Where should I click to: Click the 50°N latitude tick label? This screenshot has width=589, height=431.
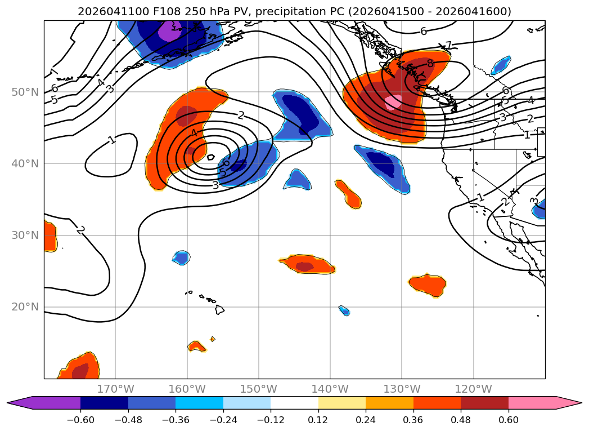[x=25, y=92]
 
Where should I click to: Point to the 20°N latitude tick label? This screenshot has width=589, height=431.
[x=25, y=307]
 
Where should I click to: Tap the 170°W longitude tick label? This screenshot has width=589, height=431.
[x=115, y=389]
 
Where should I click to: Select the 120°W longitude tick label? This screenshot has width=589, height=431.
[x=473, y=389]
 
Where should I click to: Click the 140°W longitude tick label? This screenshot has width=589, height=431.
[x=330, y=389]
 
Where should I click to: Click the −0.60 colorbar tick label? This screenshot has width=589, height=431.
[x=80, y=420]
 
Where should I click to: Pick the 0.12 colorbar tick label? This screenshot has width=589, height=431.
[x=318, y=420]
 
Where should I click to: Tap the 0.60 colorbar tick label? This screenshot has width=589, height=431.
[x=508, y=420]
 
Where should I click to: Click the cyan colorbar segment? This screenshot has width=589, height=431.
[x=199, y=403]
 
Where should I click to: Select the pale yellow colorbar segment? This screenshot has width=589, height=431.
[x=342, y=403]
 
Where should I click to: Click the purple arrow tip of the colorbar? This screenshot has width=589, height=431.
[x=7, y=403]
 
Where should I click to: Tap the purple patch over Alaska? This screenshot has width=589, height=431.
[x=170, y=30]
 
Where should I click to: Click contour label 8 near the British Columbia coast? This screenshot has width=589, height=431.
[x=430, y=64]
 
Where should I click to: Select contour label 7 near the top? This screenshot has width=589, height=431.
[x=448, y=46]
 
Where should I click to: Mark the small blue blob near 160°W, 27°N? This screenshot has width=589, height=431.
[x=182, y=257]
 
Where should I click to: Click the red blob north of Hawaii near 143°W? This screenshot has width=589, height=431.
[x=307, y=265]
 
